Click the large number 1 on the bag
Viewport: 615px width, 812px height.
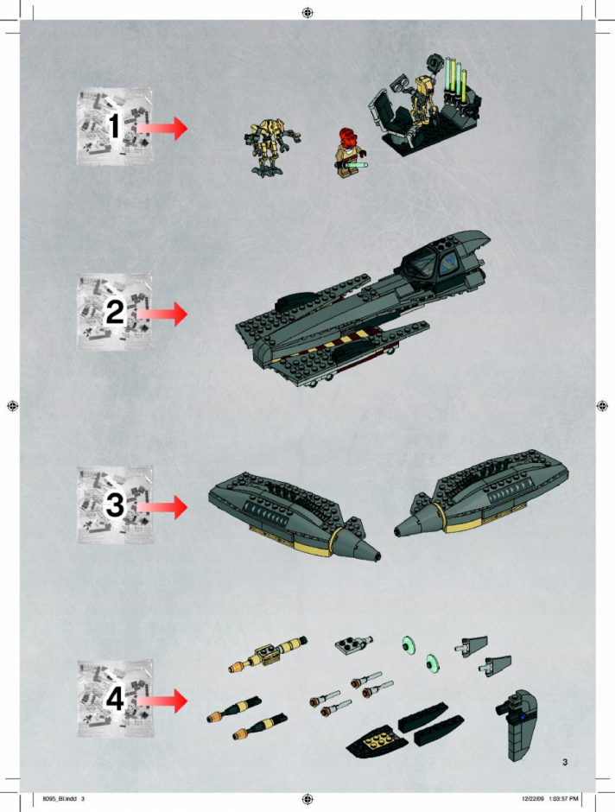[x=114, y=126]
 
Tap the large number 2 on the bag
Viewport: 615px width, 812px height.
[x=115, y=312]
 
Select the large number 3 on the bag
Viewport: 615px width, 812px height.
[x=115, y=504]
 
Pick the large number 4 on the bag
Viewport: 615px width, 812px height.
[x=115, y=698]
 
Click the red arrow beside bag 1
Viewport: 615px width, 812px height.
[x=162, y=128]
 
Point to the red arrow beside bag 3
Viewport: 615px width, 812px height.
[x=162, y=507]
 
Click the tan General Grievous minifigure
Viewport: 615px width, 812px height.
[x=272, y=147]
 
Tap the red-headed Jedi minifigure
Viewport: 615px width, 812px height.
[x=350, y=152]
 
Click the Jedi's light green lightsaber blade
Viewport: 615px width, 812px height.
[x=358, y=166]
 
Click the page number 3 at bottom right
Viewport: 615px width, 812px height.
[x=565, y=762]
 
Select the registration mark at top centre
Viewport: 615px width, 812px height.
[x=307, y=13]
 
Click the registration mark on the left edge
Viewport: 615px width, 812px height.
[x=13, y=406]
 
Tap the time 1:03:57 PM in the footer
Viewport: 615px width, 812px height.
[x=563, y=799]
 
